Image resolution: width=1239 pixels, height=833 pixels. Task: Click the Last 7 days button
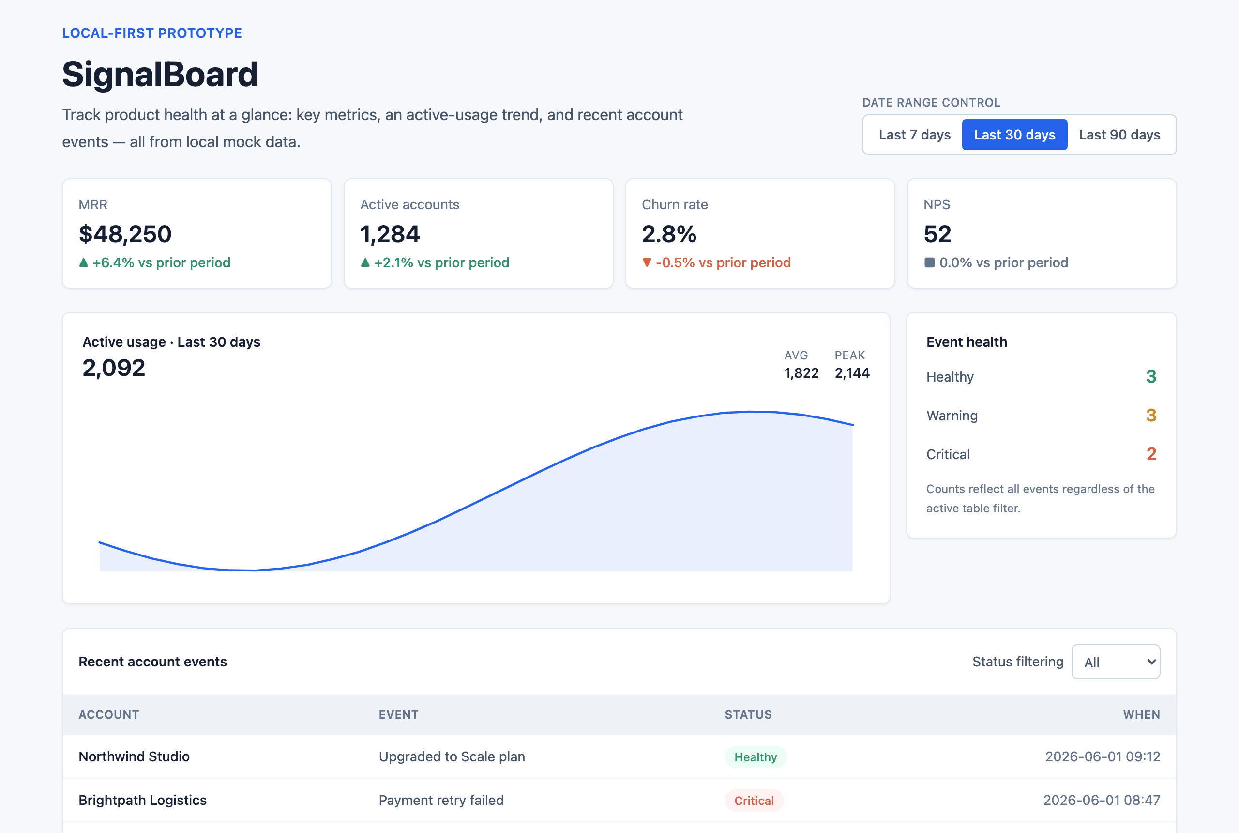pos(914,135)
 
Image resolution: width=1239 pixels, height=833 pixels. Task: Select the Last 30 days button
pos(1014,135)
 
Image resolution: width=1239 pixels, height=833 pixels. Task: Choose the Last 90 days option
pos(1119,135)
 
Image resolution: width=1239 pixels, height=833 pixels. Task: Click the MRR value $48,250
pos(125,234)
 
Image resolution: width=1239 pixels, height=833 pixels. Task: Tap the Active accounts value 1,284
pos(390,234)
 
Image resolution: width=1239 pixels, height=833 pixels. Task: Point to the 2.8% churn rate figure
pos(669,234)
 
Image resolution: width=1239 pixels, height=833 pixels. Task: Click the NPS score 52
pos(937,234)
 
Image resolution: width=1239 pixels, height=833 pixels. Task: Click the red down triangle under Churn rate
pos(647,262)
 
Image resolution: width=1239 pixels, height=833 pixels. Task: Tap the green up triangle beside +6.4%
pos(83,262)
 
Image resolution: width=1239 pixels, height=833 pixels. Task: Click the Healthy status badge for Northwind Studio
pos(755,757)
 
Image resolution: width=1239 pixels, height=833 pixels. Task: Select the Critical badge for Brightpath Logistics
pos(754,801)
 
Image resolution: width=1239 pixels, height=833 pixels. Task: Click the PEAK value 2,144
pos(852,373)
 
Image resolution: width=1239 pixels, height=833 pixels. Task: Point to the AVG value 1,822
pos(801,373)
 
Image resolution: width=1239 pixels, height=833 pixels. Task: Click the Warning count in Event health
pos(1151,416)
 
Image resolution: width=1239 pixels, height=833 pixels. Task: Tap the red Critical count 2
pos(1151,454)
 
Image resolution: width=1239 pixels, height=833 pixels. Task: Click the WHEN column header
pos(1141,715)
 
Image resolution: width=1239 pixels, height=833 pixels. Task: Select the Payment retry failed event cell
pos(441,801)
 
